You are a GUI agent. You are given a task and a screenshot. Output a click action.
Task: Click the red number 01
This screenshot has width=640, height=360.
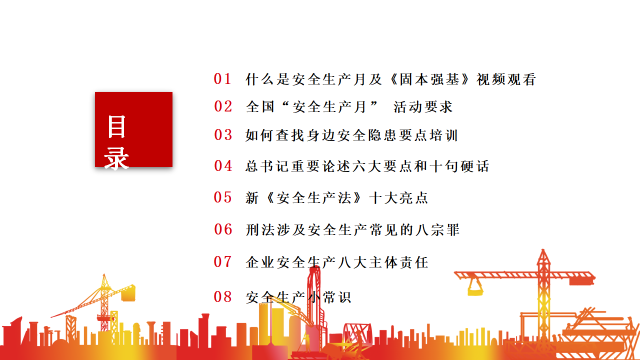coord(222,79)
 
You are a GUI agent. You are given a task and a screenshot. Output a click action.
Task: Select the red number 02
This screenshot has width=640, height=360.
coord(223,106)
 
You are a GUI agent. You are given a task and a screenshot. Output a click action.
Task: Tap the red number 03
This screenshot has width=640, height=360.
coord(223,134)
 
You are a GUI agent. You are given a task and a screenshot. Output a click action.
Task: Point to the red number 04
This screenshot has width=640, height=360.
coord(223,165)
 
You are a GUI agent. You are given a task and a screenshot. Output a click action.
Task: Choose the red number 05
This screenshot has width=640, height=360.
coord(223,197)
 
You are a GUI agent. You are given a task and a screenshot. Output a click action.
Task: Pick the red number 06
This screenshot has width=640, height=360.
coord(223,229)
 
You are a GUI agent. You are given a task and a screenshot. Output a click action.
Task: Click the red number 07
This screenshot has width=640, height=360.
coord(223,261)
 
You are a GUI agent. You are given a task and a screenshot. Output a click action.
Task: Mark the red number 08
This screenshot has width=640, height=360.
coord(223,296)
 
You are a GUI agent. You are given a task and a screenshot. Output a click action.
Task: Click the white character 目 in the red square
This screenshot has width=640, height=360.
coord(116,126)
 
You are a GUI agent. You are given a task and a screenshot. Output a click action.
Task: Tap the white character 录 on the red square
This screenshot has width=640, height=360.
coord(116,158)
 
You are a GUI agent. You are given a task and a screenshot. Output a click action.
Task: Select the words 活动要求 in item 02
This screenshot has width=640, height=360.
coord(423,107)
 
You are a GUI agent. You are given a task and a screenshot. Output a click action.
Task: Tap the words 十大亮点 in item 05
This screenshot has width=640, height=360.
coord(398,197)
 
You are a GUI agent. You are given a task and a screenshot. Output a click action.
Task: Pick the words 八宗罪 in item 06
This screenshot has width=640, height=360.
coord(437,229)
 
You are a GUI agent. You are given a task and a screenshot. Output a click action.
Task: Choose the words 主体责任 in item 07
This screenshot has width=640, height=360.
coord(398,262)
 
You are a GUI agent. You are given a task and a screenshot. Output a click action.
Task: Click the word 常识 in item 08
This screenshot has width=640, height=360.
coord(337,297)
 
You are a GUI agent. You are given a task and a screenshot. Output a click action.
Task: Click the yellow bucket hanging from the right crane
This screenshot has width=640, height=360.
coord(475,288)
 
